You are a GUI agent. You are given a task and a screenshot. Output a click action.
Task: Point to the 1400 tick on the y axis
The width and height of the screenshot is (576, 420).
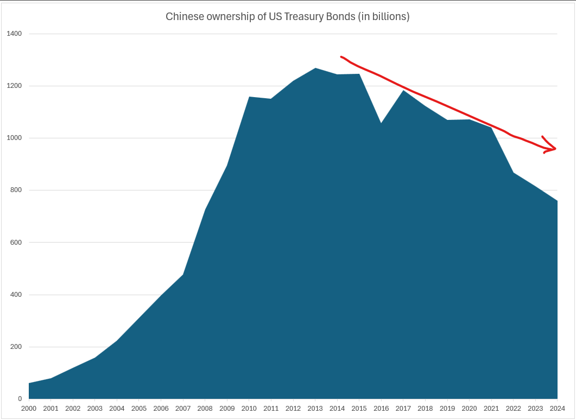(14, 34)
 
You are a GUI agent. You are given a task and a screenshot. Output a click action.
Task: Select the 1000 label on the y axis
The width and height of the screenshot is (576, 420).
(14, 138)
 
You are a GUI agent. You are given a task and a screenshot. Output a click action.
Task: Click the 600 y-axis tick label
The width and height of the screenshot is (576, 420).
(16, 243)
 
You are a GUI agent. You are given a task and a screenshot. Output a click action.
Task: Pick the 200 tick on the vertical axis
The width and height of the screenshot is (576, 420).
(16, 347)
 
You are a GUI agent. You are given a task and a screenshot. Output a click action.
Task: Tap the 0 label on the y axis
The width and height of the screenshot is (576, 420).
(20, 399)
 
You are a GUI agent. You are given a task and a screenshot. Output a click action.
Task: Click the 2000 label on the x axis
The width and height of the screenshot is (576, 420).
(29, 409)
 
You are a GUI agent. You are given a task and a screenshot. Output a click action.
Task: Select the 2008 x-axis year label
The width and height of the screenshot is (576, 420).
(205, 409)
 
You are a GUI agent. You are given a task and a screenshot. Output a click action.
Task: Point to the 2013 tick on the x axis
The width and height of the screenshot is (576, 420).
(315, 409)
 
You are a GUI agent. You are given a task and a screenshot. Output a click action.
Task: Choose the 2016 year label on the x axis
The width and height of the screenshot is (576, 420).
(381, 409)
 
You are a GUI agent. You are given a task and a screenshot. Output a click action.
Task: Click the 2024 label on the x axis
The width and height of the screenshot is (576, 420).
(557, 409)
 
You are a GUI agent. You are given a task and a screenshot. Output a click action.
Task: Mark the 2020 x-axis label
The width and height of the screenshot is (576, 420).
(469, 409)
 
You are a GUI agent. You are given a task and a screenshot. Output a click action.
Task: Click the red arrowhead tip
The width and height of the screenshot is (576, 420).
(556, 149)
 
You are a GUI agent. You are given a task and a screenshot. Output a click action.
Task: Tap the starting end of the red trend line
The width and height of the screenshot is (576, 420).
(341, 56)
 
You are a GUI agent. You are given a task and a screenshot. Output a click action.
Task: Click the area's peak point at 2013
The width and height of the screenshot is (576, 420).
(315, 68)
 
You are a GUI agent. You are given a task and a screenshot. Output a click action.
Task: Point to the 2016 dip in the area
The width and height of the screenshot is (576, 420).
(381, 123)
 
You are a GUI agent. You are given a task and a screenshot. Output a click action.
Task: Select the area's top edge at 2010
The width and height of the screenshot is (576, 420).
(249, 97)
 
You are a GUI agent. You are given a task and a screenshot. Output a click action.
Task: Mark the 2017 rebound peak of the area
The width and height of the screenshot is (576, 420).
(403, 91)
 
